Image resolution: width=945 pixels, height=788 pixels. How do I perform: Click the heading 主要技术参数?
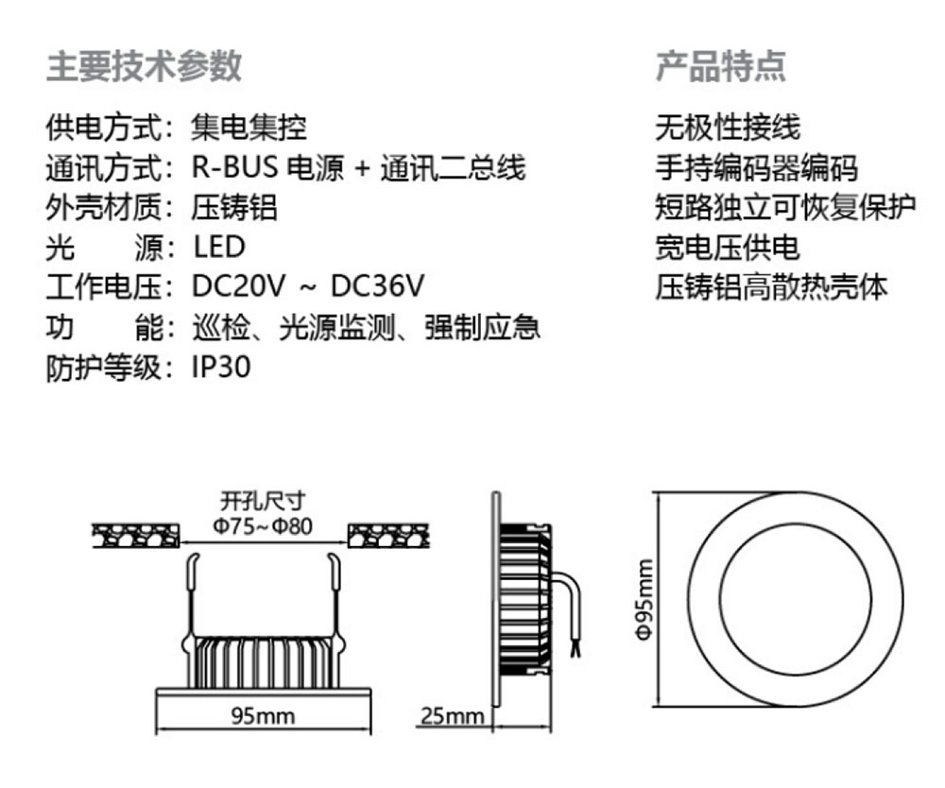click(144, 66)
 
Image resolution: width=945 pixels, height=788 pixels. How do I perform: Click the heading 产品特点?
click(721, 66)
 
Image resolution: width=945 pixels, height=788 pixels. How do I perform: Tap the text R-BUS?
click(234, 168)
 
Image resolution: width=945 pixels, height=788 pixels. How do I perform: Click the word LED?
click(219, 248)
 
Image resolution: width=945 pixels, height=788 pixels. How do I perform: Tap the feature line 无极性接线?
click(728, 127)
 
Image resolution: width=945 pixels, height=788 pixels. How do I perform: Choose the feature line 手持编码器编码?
click(757, 168)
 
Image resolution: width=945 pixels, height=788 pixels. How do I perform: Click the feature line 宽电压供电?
click(728, 248)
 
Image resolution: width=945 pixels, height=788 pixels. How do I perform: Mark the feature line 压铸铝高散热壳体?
click(772, 287)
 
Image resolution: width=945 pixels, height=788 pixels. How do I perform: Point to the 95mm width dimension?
click(263, 715)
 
